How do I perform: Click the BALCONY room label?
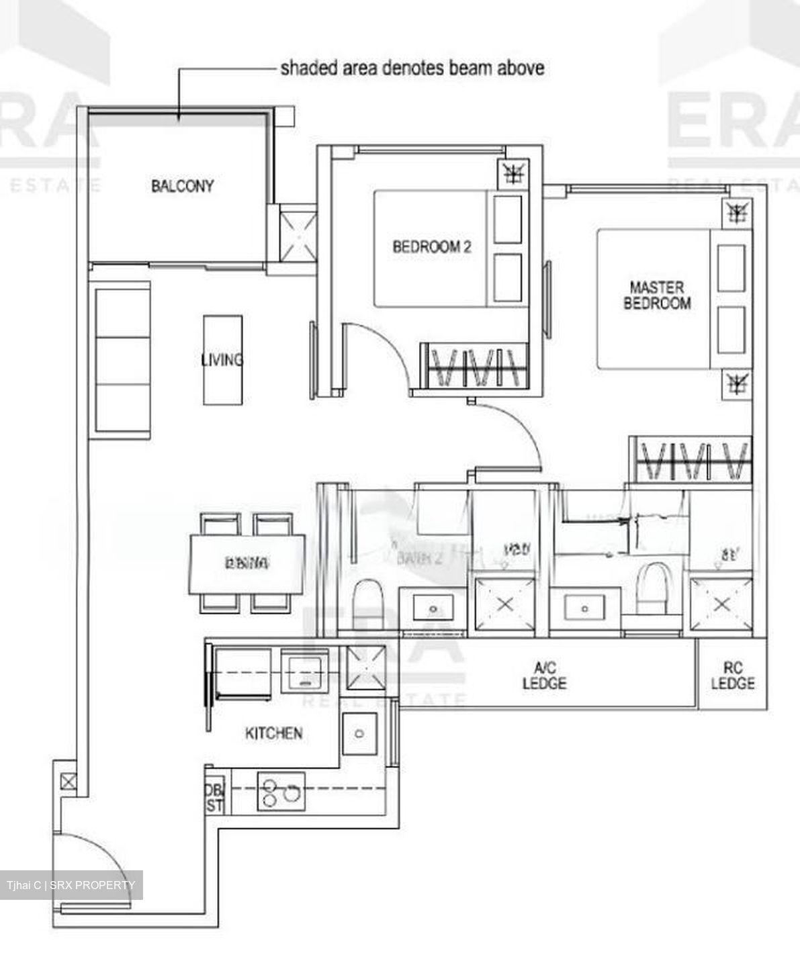[182, 186]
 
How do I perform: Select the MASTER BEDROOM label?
[657, 295]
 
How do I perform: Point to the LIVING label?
[222, 360]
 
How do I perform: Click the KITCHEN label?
[273, 733]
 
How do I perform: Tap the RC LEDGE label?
[733, 676]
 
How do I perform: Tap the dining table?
[247, 563]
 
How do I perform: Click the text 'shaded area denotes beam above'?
[412, 68]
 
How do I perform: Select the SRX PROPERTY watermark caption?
[71, 885]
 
